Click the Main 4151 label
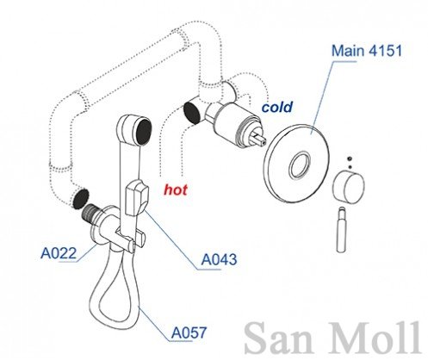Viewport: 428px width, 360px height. click(367, 51)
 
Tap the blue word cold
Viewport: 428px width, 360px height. click(277, 107)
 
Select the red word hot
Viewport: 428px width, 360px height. click(176, 189)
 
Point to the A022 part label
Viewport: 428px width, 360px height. click(59, 253)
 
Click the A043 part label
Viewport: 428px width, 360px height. click(219, 259)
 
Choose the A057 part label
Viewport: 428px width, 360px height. click(189, 332)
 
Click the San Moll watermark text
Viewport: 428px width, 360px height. click(332, 338)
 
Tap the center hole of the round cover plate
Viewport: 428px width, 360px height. click(300, 164)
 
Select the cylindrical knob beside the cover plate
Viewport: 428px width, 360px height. click(349, 186)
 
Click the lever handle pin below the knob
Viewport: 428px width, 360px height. click(342, 230)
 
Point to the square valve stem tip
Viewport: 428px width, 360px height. click(258, 139)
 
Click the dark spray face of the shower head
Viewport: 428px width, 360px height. click(144, 132)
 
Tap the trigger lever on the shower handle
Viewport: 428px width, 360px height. click(137, 197)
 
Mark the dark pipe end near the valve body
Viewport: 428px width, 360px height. click(192, 113)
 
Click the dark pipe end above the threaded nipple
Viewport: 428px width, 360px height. click(81, 199)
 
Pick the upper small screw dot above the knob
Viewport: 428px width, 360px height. click(350, 158)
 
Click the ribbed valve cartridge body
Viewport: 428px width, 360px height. click(238, 122)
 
